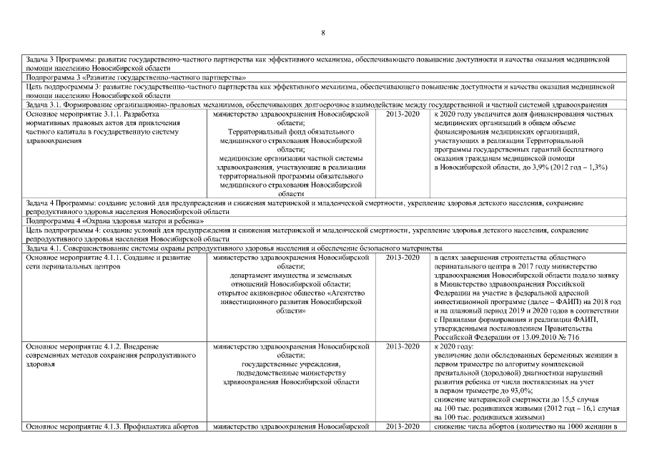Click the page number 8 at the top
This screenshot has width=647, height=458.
(x=323, y=33)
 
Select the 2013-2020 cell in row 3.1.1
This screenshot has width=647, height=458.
(x=402, y=114)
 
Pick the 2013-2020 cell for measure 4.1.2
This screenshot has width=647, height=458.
(x=402, y=347)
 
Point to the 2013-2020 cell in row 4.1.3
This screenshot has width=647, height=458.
(x=402, y=427)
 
